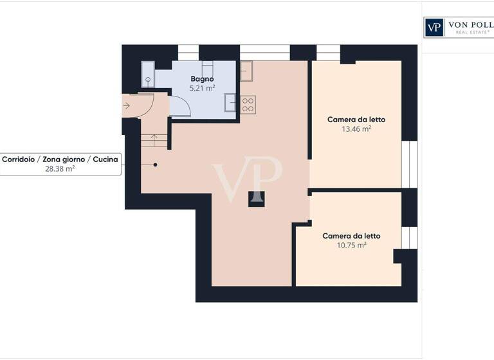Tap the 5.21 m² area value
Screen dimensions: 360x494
pyautogui.click(x=202, y=89)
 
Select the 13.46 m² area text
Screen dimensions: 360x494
pyautogui.click(x=356, y=129)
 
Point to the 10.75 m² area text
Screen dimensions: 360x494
pyautogui.click(x=351, y=246)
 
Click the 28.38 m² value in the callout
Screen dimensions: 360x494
pyautogui.click(x=59, y=169)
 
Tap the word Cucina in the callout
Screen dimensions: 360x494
pyautogui.click(x=105, y=159)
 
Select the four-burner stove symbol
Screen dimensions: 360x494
pyautogui.click(x=248, y=104)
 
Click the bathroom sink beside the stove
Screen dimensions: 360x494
pyautogui.click(x=230, y=102)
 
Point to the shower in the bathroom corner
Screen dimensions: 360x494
pyautogui.click(x=148, y=75)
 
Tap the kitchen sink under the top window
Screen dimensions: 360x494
pyautogui.click(x=246, y=71)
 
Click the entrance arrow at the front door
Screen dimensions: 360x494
pyautogui.click(x=127, y=105)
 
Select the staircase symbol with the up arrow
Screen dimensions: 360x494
pyautogui.click(x=154, y=139)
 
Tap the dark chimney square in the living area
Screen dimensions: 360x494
pyautogui.click(x=256, y=199)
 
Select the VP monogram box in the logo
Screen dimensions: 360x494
pyautogui.click(x=434, y=27)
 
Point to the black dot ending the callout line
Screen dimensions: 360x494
pyautogui.click(x=155, y=165)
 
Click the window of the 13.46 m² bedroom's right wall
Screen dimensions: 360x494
pyautogui.click(x=409, y=164)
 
